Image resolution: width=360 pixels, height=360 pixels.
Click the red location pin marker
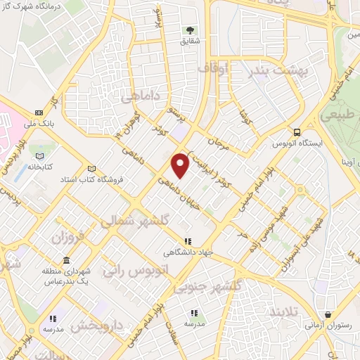(181, 165)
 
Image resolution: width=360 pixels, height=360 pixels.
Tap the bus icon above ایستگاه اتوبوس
(297, 131)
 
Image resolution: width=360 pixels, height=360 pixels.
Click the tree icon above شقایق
(189, 30)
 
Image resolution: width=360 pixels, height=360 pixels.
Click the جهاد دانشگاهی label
(188, 252)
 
